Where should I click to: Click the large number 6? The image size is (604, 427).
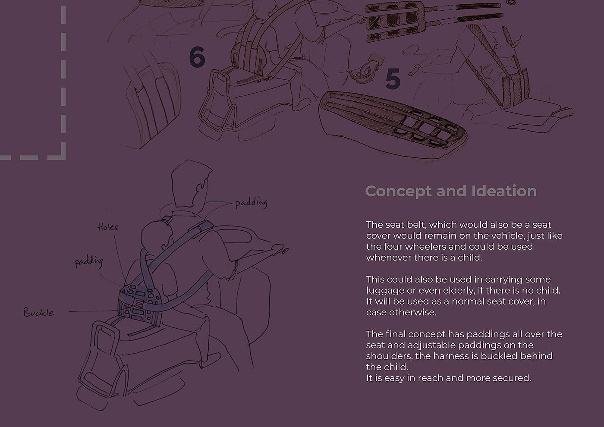197,57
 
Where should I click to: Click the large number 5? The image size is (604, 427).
393,78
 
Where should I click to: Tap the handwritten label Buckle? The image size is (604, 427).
38,312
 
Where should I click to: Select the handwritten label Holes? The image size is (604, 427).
107,227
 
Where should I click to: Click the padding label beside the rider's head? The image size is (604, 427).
251,203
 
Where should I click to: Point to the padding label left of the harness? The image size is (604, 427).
89,262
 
